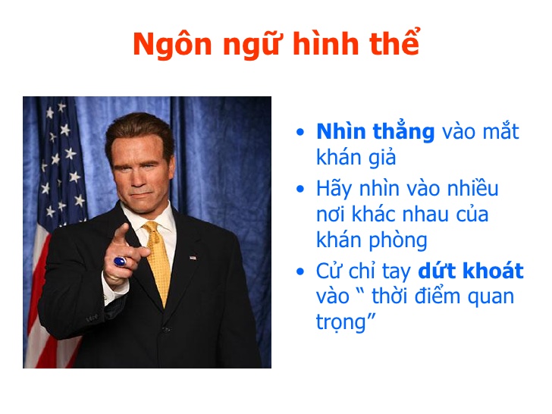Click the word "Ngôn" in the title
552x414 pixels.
173,45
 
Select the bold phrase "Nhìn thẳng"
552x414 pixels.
375,130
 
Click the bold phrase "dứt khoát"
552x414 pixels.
471,271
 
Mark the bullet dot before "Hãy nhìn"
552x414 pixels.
300,189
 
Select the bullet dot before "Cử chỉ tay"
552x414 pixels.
300,271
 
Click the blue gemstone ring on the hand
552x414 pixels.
120,262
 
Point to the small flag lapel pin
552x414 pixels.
193,257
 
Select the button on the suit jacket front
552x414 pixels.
166,330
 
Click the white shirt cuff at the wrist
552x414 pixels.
114,289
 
